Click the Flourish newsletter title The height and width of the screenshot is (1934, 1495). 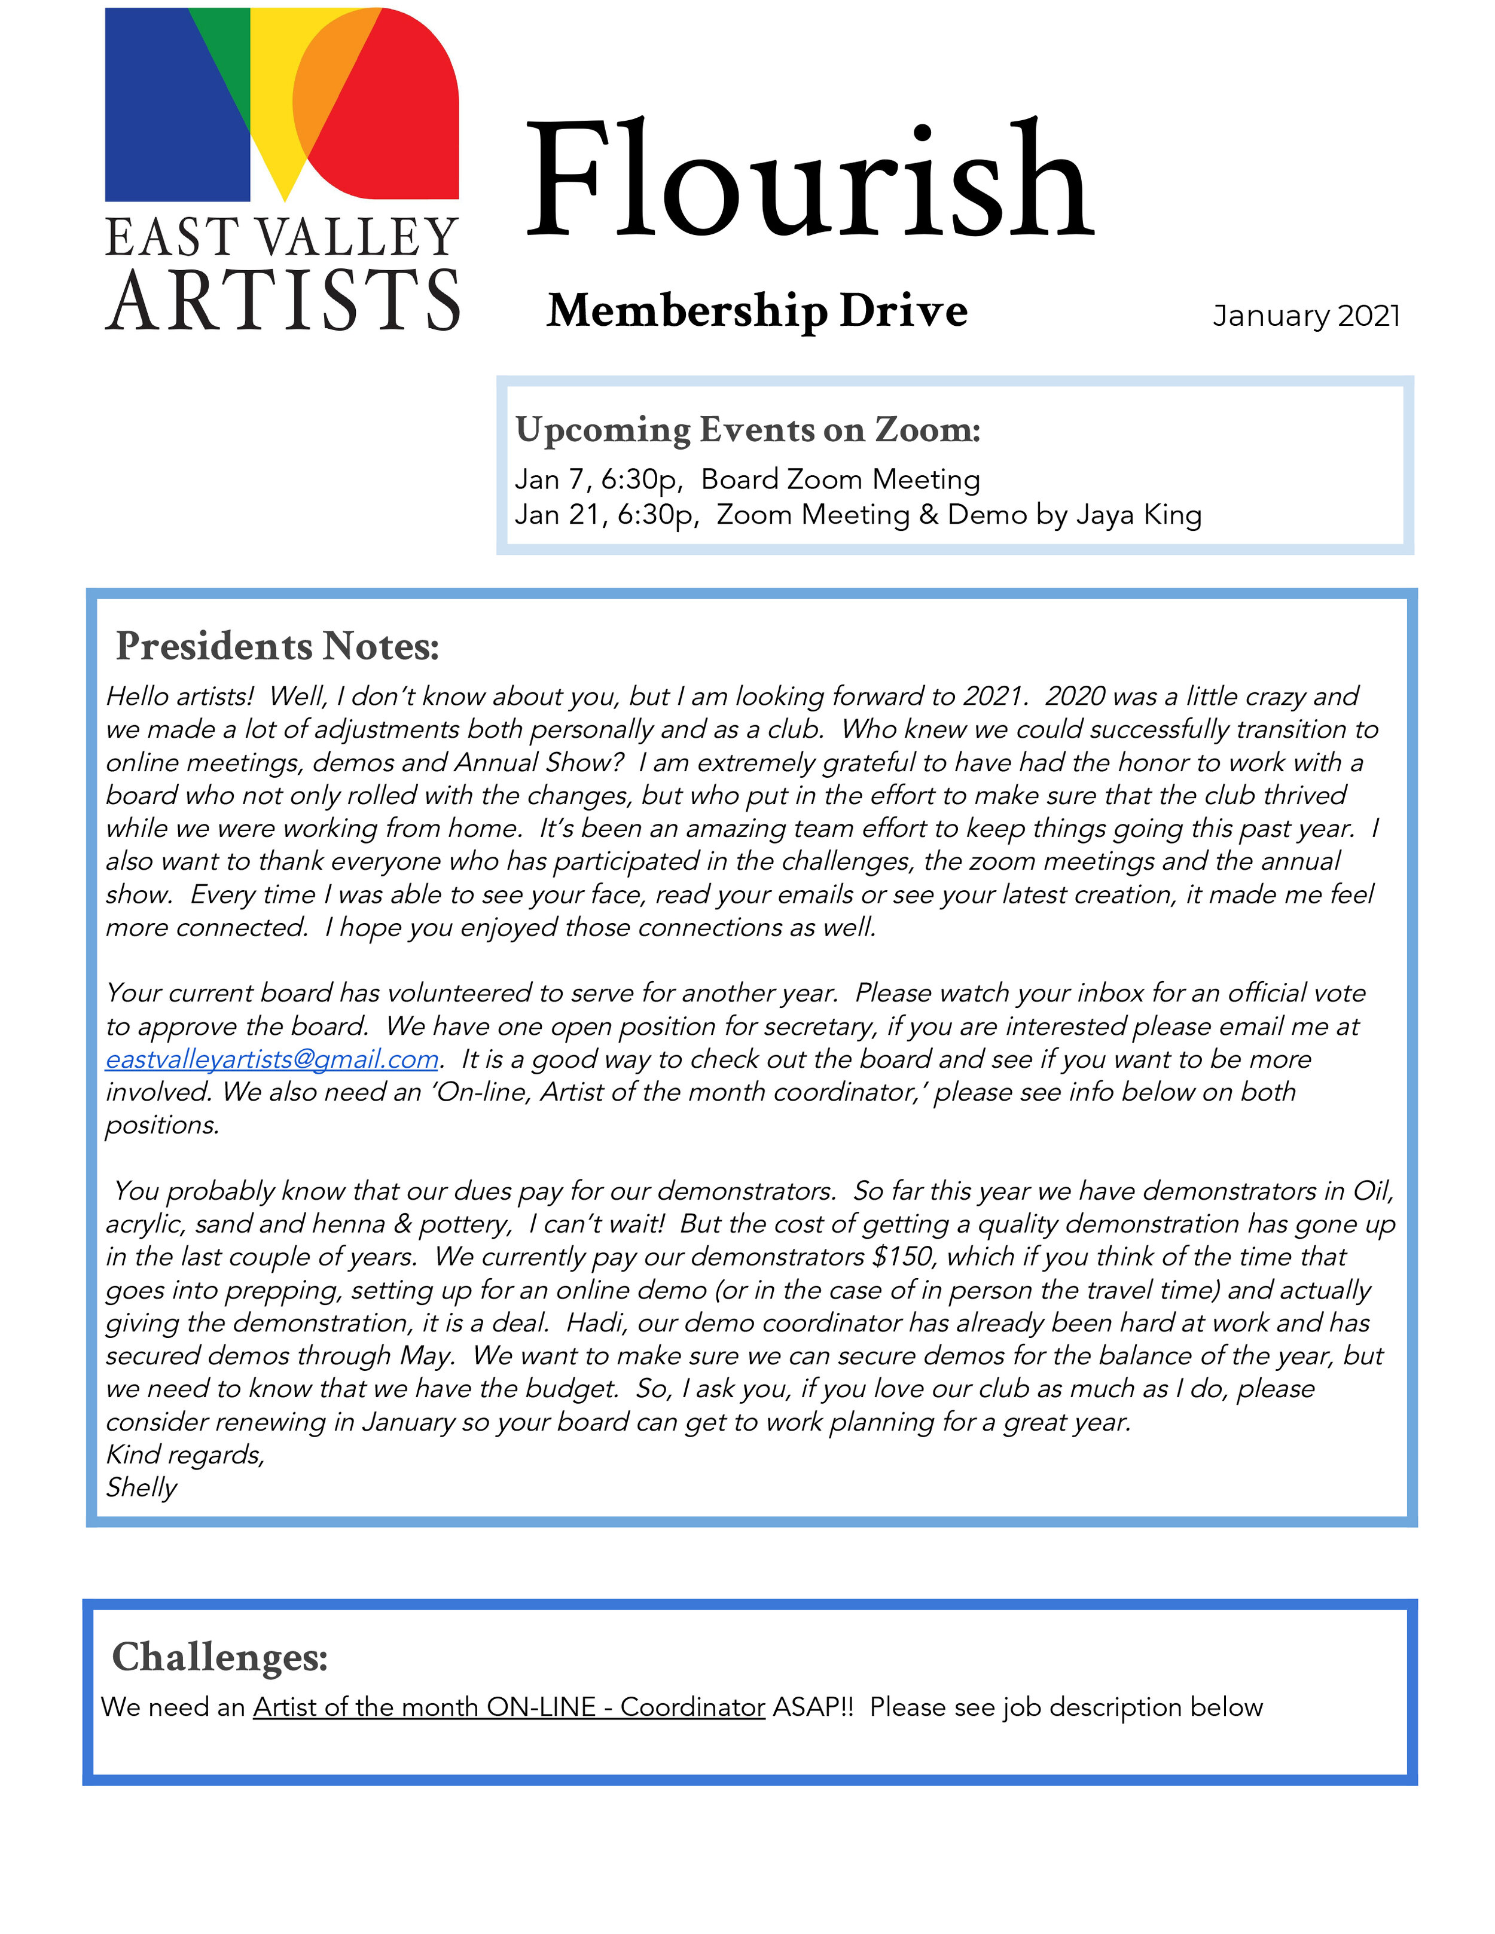pyautogui.click(x=810, y=182)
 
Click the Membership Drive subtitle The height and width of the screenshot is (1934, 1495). pyautogui.click(x=756, y=311)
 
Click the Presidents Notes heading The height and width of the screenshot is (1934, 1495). pyautogui.click(x=277, y=646)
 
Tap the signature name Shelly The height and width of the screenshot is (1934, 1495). pyautogui.click(x=142, y=1487)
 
